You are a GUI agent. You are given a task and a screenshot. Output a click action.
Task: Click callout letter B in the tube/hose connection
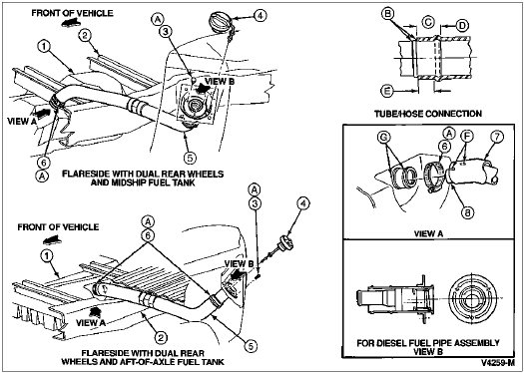[x=389, y=13]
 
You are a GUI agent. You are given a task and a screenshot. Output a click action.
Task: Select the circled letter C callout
[x=428, y=22]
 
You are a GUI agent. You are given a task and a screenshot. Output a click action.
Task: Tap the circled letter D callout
[x=463, y=25]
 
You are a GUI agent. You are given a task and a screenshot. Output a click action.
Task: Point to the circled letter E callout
[x=387, y=91]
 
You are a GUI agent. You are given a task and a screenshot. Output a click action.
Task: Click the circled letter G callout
[x=383, y=138]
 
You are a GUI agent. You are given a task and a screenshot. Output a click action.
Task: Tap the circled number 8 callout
[x=467, y=212]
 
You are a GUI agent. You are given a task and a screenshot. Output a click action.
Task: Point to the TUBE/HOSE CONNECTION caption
[x=428, y=114]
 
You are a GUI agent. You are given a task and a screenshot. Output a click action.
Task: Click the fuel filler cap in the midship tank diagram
[x=219, y=22]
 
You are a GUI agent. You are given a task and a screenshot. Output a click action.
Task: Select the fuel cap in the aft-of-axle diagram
[x=285, y=242]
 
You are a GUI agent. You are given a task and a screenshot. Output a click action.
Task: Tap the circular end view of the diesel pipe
[x=471, y=297]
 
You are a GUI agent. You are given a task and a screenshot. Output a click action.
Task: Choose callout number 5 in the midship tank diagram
[x=190, y=158]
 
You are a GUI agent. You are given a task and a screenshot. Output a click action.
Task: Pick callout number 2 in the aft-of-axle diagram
[x=161, y=338]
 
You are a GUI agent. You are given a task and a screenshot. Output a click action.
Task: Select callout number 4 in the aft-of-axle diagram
[x=303, y=203]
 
